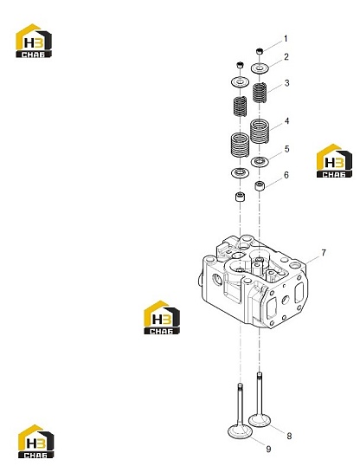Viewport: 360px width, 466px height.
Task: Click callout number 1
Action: pos(286,39)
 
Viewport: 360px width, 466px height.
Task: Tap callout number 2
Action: pos(286,57)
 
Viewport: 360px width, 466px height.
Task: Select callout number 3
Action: pos(286,83)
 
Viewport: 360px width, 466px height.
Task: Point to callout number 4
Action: pos(286,121)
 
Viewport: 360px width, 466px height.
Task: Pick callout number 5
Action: pos(286,149)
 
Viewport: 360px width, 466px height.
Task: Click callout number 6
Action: pos(286,175)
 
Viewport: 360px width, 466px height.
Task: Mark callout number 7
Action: pos(324,253)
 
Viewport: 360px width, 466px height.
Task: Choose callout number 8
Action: pos(289,436)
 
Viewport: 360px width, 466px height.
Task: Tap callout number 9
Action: pos(268,449)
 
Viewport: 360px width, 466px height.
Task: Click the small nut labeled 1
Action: pos(260,51)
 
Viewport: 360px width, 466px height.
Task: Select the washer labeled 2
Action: pos(260,68)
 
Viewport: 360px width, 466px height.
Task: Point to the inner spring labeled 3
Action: pos(260,93)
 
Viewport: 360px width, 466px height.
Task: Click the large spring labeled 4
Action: pos(260,131)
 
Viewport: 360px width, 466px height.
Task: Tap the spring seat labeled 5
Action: pos(260,162)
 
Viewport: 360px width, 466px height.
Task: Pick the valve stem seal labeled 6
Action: pos(260,185)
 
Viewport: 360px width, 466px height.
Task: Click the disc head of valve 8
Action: pos(260,421)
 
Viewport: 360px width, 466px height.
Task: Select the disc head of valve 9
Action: pos(240,431)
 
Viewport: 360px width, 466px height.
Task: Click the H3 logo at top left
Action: pos(34,41)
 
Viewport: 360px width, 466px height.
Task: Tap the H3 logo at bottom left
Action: pos(36,442)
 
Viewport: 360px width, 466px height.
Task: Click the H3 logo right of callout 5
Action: pos(334,161)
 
